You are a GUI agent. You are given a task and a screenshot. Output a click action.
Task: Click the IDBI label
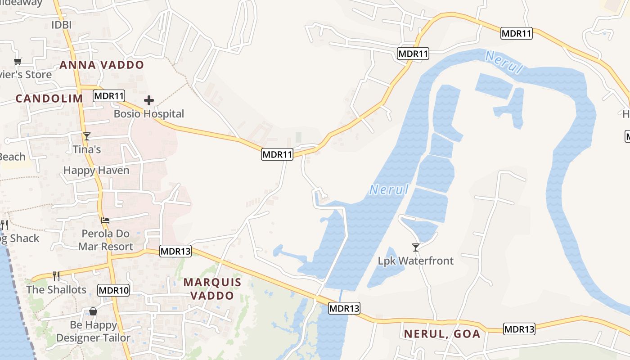coord(61,25)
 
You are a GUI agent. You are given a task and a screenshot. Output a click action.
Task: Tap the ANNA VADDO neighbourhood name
coord(102,65)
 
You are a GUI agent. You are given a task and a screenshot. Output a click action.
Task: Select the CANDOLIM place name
coord(49,99)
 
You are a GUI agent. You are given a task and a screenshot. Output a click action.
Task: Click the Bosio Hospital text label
coord(149,114)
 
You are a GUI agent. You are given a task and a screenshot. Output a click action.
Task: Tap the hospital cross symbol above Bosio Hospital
coord(149,100)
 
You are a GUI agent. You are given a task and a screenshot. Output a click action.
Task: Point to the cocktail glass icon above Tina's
coord(87,136)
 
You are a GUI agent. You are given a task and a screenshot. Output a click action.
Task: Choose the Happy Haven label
coord(96,171)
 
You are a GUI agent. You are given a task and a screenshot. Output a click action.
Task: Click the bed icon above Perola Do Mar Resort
coord(105,220)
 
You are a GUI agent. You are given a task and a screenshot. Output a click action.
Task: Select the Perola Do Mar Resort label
coord(106,240)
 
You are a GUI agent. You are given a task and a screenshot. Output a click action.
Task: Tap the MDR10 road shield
coord(114,290)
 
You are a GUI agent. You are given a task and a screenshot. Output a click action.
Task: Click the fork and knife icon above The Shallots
coord(56,275)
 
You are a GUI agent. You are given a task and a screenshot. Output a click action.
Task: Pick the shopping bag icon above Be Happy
coord(93,311)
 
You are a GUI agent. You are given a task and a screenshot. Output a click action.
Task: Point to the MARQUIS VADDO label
coord(212,289)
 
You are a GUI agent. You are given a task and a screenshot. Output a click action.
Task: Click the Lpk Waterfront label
coord(416,261)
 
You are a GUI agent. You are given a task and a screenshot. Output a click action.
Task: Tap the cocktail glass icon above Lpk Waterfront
coord(416,247)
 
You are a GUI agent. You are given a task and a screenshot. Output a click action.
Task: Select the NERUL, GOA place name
coord(442,334)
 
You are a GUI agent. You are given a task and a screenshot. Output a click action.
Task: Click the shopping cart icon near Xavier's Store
coord(18,61)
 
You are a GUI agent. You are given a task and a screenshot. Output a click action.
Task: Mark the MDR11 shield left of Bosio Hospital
coord(109,95)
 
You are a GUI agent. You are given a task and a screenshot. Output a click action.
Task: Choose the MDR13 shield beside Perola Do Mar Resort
coord(175,252)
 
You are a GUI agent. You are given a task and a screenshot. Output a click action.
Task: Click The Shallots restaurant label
coord(56,289)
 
